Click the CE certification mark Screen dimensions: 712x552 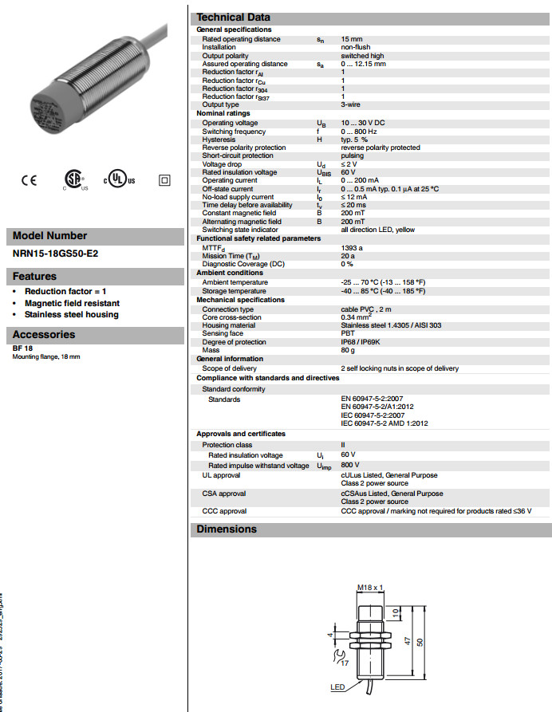click(29, 180)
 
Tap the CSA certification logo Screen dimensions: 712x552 click(75, 180)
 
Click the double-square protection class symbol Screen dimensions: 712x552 click(164, 180)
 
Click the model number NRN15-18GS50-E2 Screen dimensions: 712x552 click(55, 254)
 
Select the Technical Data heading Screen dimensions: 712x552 click(233, 17)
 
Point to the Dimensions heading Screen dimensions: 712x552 click(227, 529)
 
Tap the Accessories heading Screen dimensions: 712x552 click(44, 335)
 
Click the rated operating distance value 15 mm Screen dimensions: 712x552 click(352, 39)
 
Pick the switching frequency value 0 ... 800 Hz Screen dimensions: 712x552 click(359, 132)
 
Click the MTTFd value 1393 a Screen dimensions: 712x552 click(352, 248)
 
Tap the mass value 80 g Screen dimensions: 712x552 click(349, 350)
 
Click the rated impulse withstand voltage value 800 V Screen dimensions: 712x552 click(349, 465)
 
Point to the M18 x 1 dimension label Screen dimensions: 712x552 click(369, 588)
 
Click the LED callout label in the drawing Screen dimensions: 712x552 click(337, 686)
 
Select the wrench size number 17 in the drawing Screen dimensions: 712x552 click(345, 661)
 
